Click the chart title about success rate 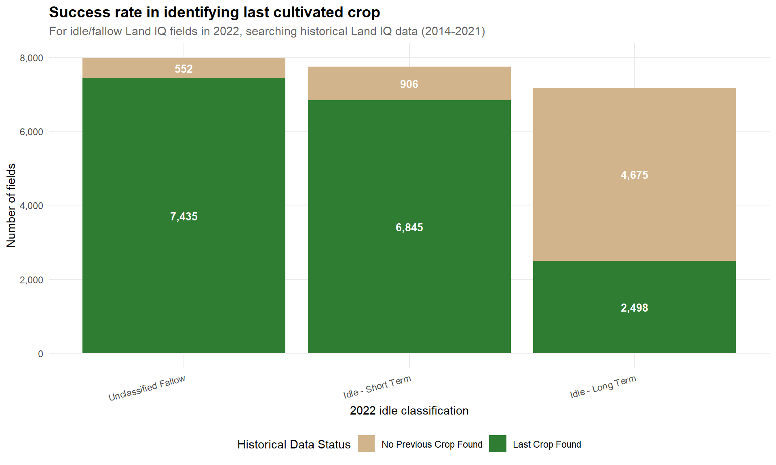pos(214,13)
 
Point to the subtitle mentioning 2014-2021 pos(267,31)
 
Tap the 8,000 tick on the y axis pos(32,58)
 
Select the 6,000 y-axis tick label pos(32,132)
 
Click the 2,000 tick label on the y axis pos(32,280)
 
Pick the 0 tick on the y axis pos(40,354)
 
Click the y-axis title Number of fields pos(11,205)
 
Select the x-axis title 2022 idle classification pos(409,411)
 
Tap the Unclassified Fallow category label pos(147,388)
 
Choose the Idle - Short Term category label pos(377,387)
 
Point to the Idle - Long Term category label pos(603,387)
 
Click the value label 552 pos(183,69)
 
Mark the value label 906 pos(409,84)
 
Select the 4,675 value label pos(634,175)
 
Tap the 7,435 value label pos(183,216)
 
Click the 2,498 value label pos(634,308)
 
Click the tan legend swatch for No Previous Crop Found pos(366,444)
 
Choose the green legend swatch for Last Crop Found pos(498,444)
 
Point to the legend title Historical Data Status pos(294,444)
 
